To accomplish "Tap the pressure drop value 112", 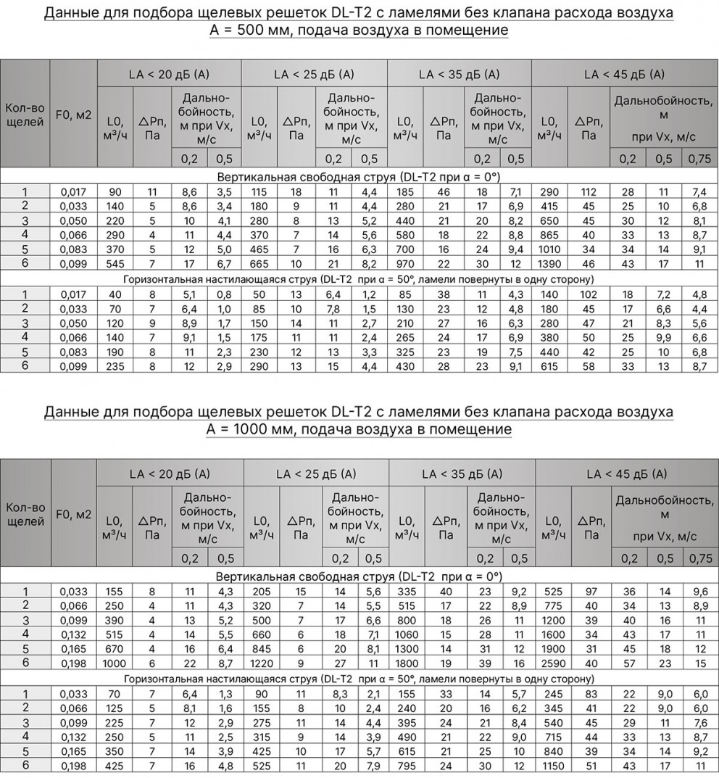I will point(589,192).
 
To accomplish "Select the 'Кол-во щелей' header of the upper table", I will point(25,115).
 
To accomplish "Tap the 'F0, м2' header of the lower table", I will point(73,514).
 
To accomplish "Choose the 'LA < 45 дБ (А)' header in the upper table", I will point(624,74).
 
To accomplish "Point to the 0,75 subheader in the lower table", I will point(700,558).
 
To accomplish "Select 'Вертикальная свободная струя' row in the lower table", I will point(359,576).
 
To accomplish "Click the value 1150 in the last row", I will point(553,766).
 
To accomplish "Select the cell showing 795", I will point(407,766).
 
